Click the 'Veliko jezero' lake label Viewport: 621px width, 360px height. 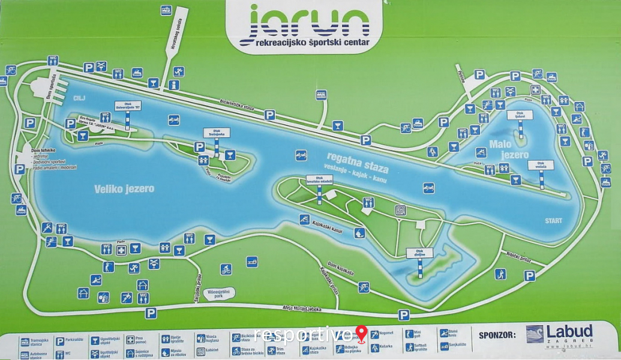coord(124,188)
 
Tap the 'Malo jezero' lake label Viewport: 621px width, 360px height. coord(509,149)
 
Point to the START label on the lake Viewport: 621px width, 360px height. coord(553,221)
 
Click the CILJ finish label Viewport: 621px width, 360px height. coord(80,98)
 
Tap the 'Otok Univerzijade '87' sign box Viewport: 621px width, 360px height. coord(128,106)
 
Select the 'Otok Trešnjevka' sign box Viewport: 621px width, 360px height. coord(216,133)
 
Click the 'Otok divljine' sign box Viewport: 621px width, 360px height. coord(419,253)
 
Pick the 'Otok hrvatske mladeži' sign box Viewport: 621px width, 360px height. coord(319,179)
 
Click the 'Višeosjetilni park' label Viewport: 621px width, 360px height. coord(218,293)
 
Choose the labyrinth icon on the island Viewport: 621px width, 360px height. coord(400,210)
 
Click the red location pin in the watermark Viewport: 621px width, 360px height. coord(361,333)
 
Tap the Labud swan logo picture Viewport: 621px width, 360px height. coord(534,334)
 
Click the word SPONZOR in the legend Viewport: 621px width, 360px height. coord(497,334)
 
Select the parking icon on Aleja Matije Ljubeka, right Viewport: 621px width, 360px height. coord(404,315)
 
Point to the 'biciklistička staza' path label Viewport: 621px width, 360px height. coord(237,106)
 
